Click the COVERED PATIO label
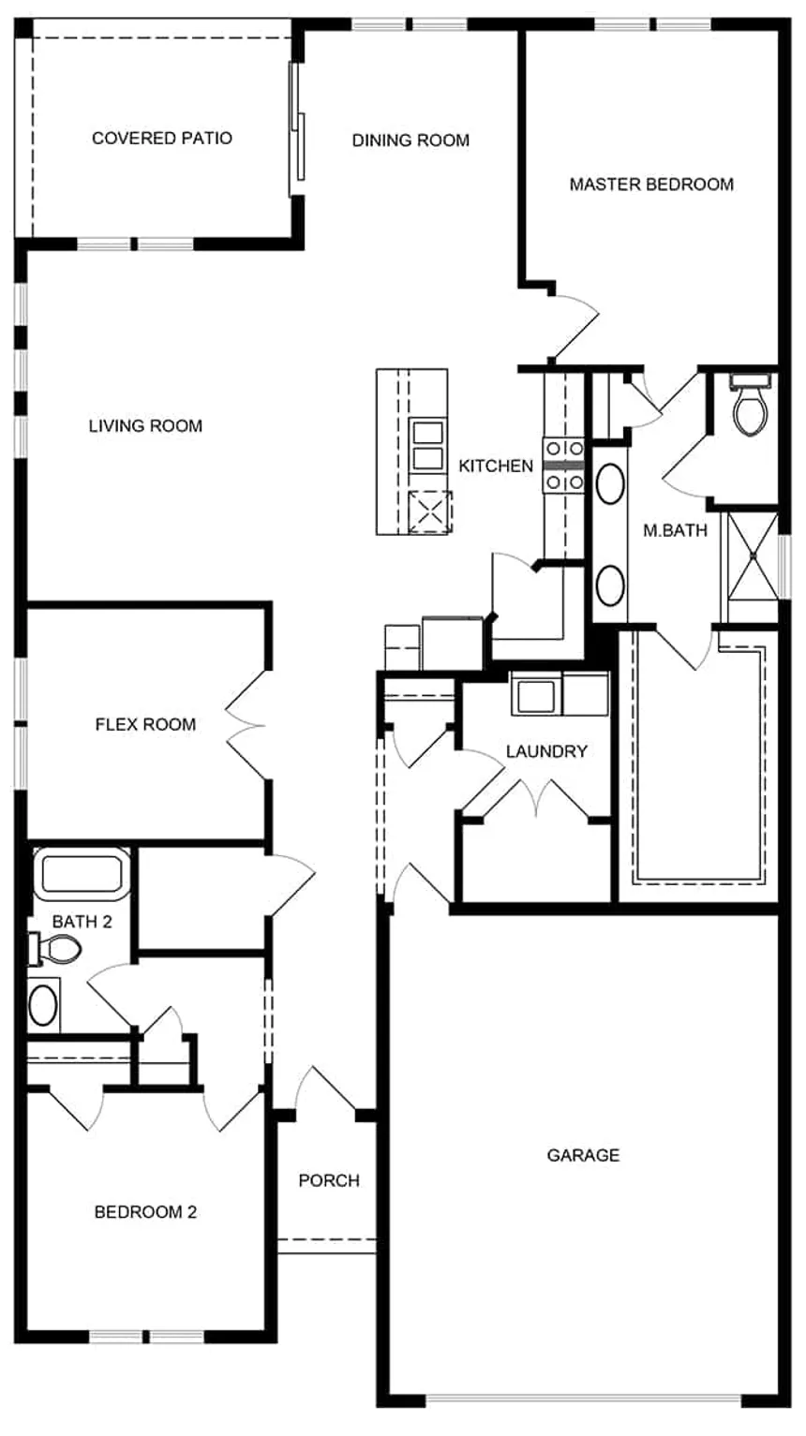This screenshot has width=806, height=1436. (162, 139)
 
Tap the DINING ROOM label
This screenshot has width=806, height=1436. (410, 141)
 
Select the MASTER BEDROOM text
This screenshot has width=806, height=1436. (651, 185)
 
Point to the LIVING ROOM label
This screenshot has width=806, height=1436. (145, 426)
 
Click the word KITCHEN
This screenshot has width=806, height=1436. (496, 466)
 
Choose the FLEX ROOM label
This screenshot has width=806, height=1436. (145, 724)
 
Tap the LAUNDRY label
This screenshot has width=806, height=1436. (546, 751)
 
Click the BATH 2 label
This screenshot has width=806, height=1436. (82, 922)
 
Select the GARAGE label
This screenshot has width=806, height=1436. (583, 1155)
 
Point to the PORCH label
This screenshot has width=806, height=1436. (329, 1180)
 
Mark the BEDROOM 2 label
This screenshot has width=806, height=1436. (145, 1212)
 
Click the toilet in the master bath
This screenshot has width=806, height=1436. (749, 409)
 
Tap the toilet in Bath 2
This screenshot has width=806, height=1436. (58, 950)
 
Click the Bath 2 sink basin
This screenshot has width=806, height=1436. (43, 1005)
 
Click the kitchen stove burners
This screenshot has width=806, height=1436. (564, 466)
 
